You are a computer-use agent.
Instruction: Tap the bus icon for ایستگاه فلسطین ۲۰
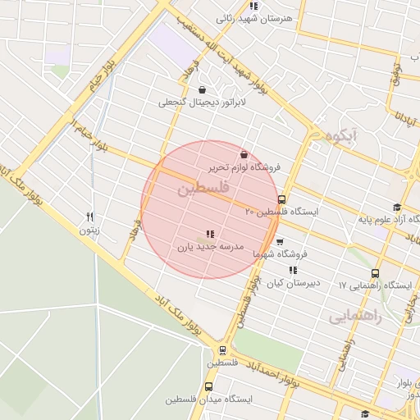[x=281, y=199]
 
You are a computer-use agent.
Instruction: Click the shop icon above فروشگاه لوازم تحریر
[x=244, y=154]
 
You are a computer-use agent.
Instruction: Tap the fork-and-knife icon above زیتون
[x=90, y=217]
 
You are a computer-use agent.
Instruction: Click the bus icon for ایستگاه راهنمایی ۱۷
[x=375, y=273]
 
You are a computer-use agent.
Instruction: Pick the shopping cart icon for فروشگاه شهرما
[x=281, y=243]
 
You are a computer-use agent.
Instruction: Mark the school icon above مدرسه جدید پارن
[x=211, y=234]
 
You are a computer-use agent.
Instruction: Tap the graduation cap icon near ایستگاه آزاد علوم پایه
[x=397, y=208]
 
